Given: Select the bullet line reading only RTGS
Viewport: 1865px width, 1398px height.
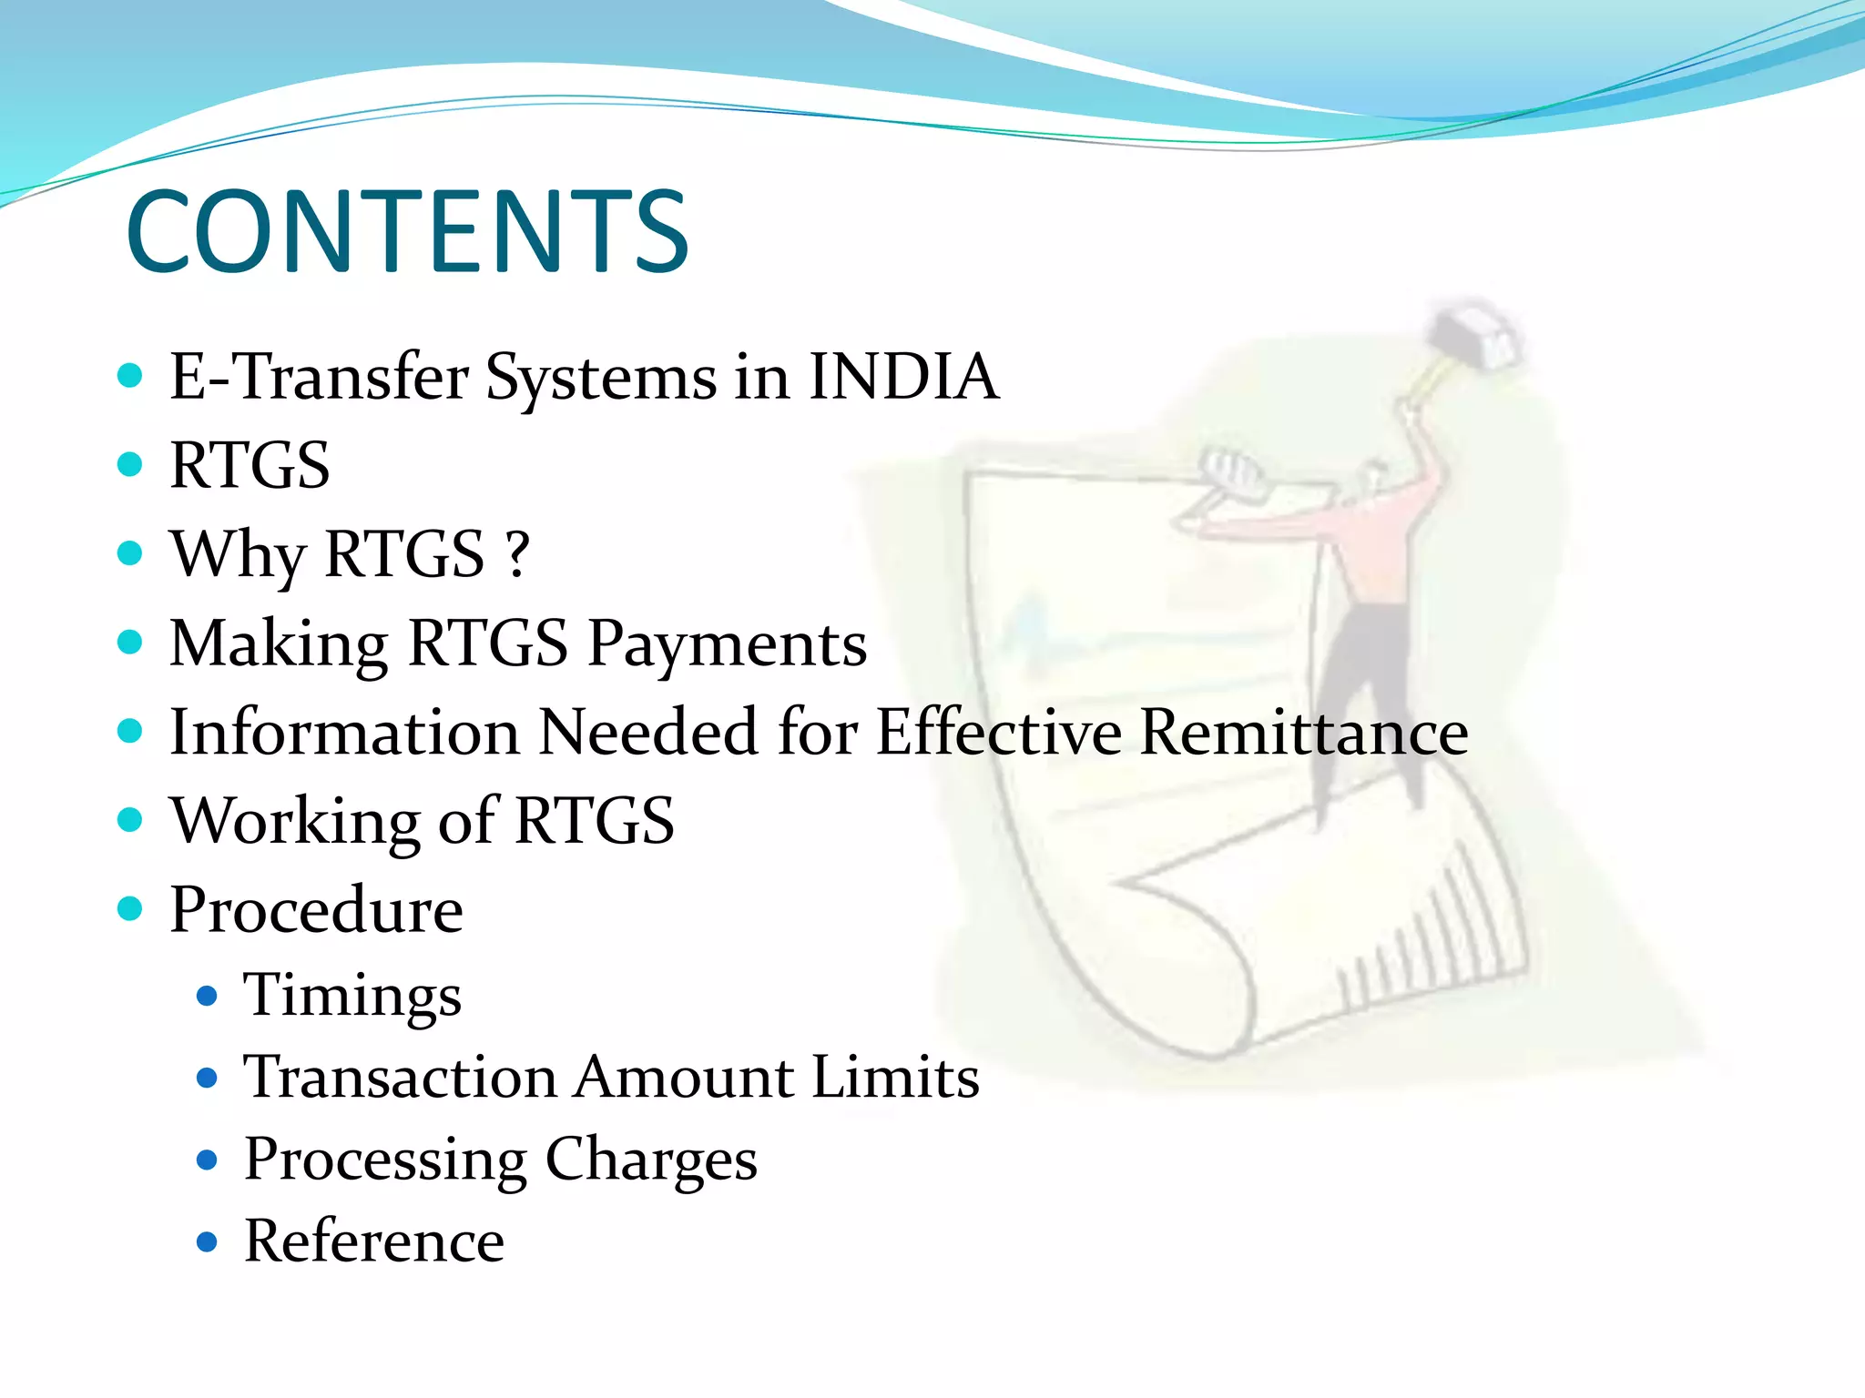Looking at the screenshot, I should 250,465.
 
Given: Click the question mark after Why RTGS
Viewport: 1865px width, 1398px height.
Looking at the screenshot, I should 517,554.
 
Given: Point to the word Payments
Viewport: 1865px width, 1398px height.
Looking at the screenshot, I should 727,643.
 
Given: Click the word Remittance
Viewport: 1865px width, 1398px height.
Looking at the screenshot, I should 1303,732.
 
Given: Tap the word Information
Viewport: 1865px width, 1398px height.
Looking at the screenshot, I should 344,732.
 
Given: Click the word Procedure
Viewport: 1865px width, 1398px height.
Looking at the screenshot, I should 316,910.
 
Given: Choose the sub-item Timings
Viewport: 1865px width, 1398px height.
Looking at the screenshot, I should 352,995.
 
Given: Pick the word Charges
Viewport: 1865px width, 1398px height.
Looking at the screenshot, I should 650,1160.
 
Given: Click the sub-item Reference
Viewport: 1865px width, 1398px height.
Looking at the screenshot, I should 373,1241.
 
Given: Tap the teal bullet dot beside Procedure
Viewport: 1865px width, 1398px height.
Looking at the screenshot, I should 130,908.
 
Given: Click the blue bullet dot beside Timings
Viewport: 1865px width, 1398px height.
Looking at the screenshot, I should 208,996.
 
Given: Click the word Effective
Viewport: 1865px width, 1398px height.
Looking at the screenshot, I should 998,732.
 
